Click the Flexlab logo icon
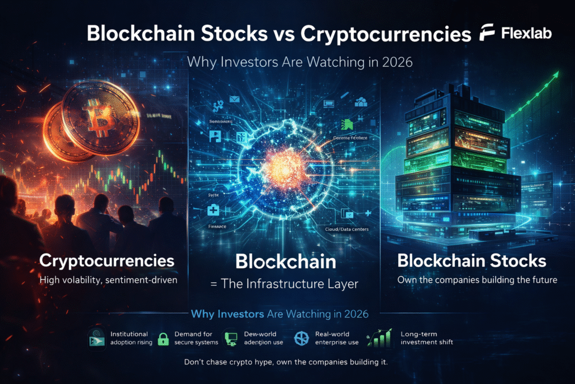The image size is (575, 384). (x=487, y=33)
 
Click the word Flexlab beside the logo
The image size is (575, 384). (x=526, y=34)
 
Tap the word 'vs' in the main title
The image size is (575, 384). (x=281, y=34)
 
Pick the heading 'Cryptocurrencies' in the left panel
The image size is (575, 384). (x=106, y=261)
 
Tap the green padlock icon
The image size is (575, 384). (x=163, y=338)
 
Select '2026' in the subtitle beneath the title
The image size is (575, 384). (x=396, y=62)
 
